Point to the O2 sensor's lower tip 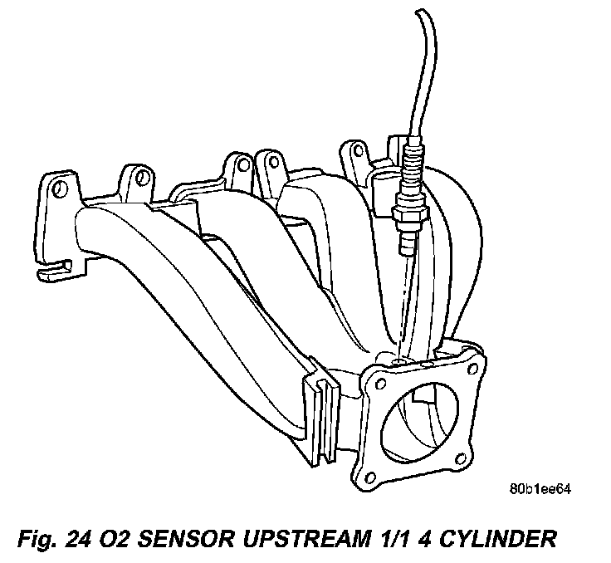(407, 245)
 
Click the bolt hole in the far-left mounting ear (57, 190)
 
